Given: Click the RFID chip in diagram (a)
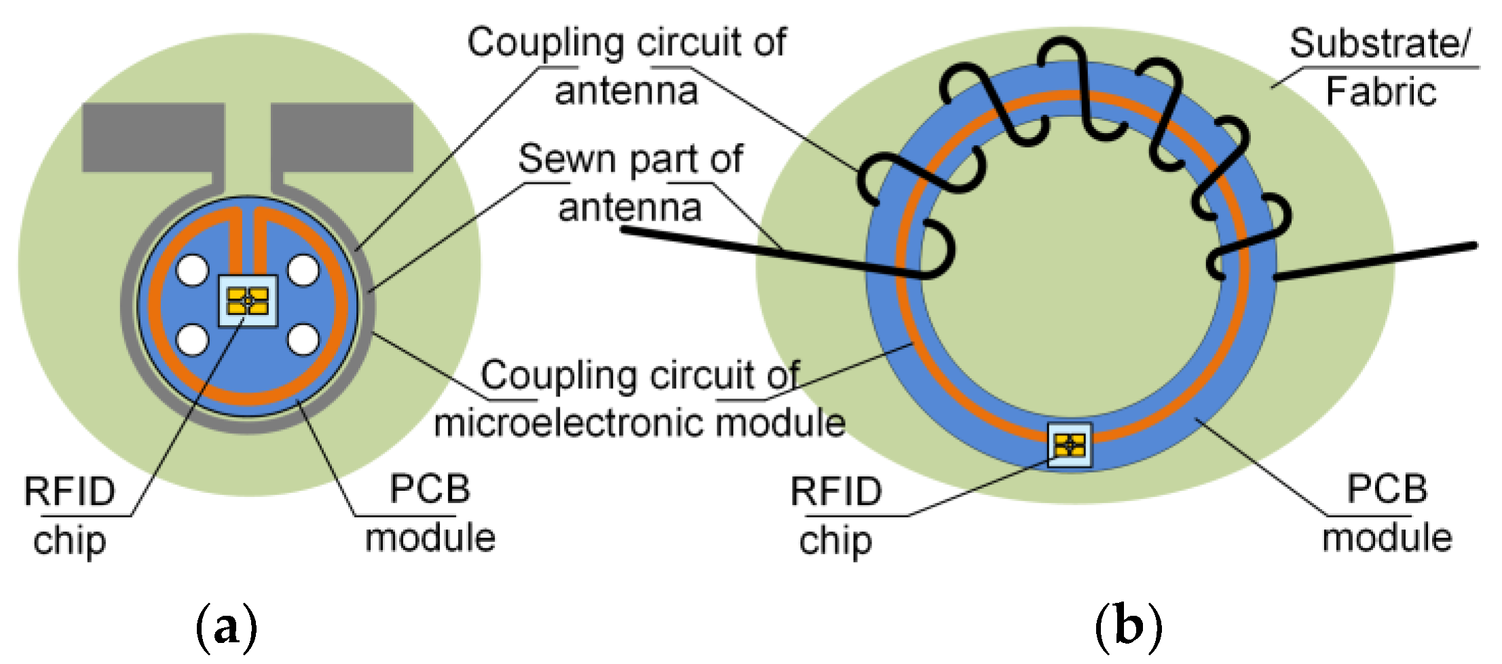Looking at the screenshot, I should pyautogui.click(x=248, y=300).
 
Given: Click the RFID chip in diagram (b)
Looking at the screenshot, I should pyautogui.click(x=1070, y=445).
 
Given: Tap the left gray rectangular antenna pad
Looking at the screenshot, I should pyautogui.click(x=153, y=137).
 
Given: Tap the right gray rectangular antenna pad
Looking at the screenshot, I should pyautogui.click(x=342, y=137).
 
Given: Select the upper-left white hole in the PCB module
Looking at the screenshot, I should pyautogui.click(x=193, y=271).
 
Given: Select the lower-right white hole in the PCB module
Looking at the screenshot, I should pyautogui.click(x=303, y=339).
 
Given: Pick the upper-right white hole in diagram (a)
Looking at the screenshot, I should pyautogui.click(x=303, y=271).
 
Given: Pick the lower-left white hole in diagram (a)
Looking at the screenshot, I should pyautogui.click(x=193, y=339).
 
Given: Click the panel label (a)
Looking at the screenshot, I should pyautogui.click(x=226, y=627).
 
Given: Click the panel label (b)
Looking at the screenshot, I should pyautogui.click(x=1127, y=627).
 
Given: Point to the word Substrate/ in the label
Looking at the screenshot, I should pyautogui.click(x=1378, y=44).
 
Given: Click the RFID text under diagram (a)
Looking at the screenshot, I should pyautogui.click(x=70, y=492).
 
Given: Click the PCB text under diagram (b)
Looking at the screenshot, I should pyautogui.click(x=1387, y=489).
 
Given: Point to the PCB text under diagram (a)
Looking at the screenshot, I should pyautogui.click(x=430, y=489).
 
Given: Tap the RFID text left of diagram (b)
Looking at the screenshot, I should pyautogui.click(x=836, y=492).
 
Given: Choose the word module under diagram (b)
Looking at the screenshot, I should pyautogui.click(x=1387, y=538).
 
